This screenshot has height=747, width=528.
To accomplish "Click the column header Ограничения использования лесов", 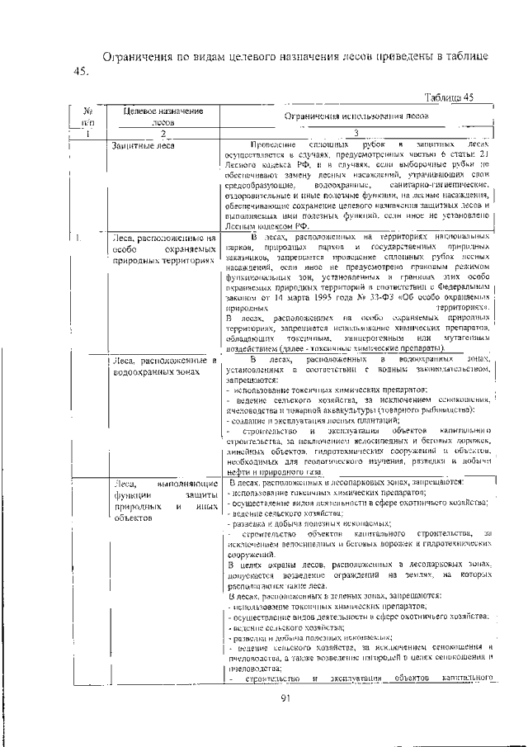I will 356,116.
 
